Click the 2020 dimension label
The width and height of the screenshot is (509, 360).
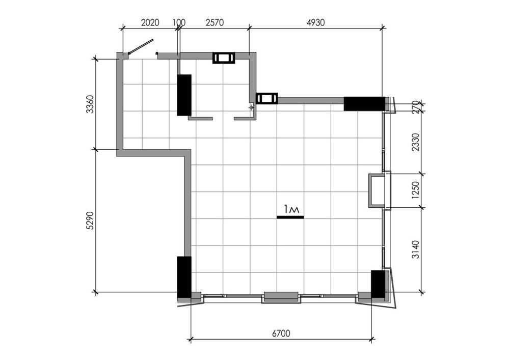[150, 22]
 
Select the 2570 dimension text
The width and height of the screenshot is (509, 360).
[214, 22]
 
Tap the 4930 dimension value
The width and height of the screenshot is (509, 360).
[315, 22]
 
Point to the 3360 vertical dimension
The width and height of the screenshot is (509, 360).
[90, 104]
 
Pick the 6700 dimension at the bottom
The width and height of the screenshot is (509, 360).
[281, 334]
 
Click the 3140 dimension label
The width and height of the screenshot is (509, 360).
[416, 250]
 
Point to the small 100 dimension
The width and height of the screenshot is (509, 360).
[178, 22]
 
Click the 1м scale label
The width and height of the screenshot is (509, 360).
[290, 209]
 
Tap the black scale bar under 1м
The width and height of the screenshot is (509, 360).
[290, 217]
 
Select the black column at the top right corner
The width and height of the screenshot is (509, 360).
[364, 103]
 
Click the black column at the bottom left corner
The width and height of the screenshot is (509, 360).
[184, 277]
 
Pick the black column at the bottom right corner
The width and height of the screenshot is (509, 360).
[378, 284]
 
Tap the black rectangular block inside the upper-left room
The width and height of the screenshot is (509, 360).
[184, 95]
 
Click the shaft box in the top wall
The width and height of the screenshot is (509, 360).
[224, 58]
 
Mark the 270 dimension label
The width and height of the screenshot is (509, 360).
[416, 107]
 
